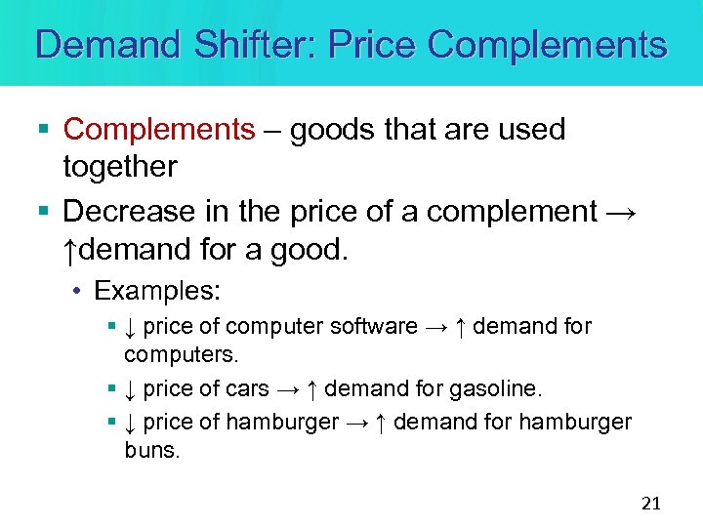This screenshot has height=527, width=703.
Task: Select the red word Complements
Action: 158,129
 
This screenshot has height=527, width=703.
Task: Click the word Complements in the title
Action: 547,45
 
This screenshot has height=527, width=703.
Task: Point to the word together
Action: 120,167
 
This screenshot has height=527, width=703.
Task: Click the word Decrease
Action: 125,211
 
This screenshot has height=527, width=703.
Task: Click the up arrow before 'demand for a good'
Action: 69,251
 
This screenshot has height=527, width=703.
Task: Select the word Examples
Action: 157,291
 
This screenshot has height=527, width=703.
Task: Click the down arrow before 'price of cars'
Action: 130,388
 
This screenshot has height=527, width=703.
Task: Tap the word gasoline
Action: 495,388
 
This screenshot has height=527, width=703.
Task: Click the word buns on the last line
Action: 152,452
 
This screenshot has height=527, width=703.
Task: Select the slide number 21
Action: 651,504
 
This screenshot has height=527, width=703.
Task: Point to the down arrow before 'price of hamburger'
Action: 130,422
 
